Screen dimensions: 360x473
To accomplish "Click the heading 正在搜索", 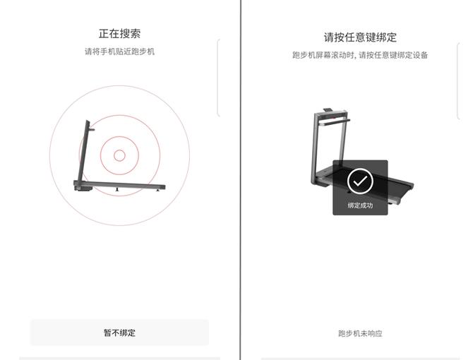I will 119,33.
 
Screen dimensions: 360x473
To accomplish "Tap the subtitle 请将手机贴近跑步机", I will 119,52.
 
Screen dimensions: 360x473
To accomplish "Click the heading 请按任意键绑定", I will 360,37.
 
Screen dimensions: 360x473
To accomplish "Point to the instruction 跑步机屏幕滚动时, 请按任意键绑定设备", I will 360,55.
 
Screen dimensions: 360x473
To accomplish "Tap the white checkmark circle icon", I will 360,181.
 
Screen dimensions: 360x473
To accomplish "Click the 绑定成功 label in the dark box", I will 360,205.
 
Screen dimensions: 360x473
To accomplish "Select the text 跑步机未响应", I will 360,333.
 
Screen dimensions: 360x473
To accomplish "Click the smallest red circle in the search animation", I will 119,155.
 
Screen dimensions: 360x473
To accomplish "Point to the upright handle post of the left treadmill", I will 83,152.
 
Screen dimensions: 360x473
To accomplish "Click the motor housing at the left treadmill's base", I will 82,187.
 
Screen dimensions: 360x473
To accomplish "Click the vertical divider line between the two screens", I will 240,180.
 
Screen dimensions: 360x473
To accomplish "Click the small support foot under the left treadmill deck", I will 116,190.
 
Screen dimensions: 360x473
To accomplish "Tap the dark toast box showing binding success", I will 360,188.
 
